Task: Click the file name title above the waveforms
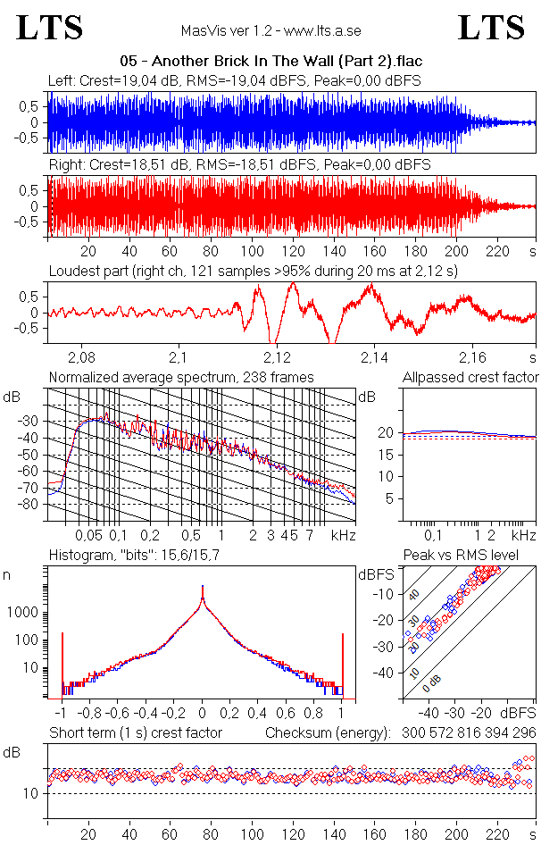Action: coord(270,62)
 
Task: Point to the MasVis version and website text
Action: coord(270,31)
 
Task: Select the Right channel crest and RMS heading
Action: coord(239,165)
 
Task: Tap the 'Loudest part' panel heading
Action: coord(253,271)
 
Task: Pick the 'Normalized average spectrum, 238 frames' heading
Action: coord(181,377)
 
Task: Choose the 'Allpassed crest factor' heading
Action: coord(470,377)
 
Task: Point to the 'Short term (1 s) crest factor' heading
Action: coord(135,732)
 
